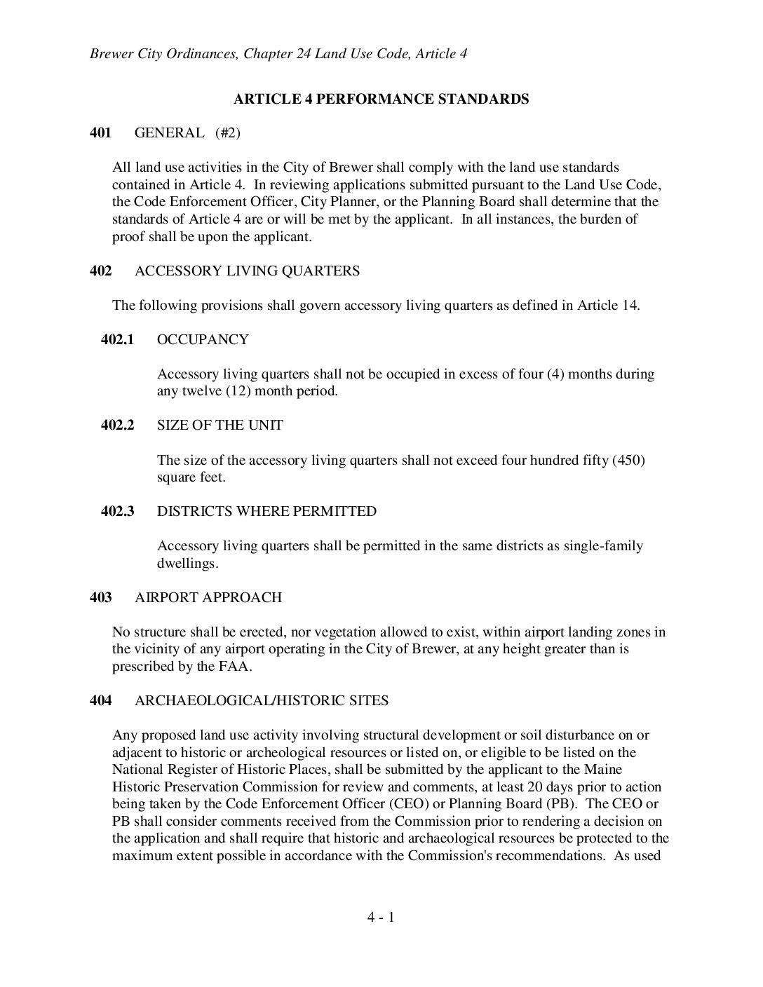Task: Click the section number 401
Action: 100,132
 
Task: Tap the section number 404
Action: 100,700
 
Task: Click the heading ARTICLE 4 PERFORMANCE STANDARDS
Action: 381,99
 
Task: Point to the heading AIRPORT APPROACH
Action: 208,597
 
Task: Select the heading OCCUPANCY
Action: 203,339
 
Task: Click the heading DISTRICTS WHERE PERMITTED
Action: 266,511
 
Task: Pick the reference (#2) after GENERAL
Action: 228,132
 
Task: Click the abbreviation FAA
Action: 233,666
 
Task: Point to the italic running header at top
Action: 278,54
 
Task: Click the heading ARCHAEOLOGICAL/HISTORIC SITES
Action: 262,700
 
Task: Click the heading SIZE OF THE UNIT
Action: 220,425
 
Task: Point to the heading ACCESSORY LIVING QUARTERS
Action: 247,271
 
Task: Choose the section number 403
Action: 100,597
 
